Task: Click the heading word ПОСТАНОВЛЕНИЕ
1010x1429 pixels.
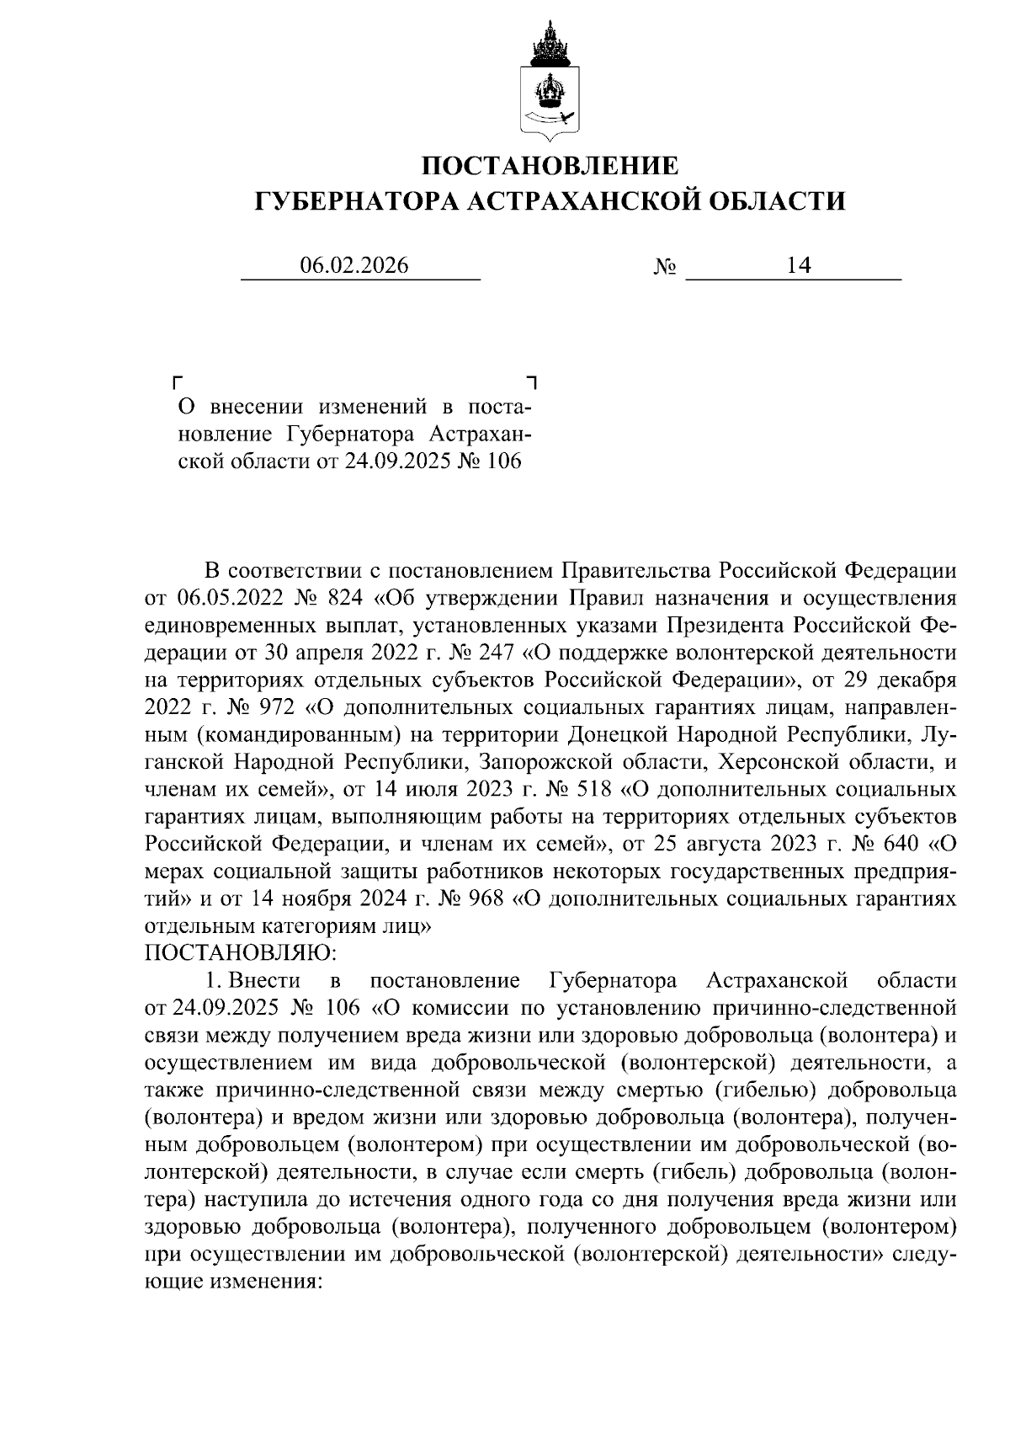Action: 550,165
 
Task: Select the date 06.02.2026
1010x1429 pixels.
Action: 354,266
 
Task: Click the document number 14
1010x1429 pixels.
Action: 798,266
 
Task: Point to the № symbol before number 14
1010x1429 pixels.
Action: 665,267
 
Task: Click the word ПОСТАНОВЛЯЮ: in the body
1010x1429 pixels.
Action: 241,952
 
